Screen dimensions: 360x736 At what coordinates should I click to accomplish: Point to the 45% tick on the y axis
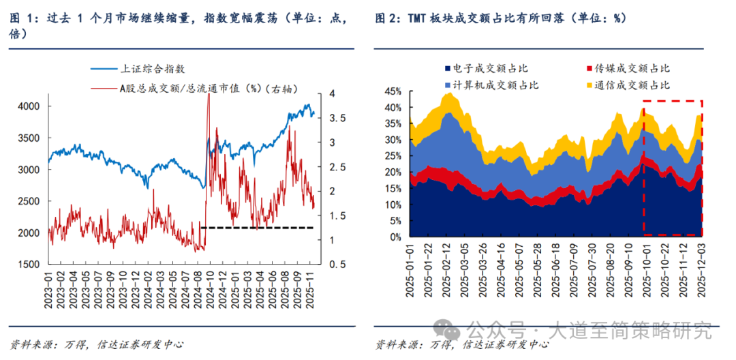[x=394, y=91]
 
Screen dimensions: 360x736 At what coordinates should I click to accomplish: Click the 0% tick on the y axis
[x=397, y=237]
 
